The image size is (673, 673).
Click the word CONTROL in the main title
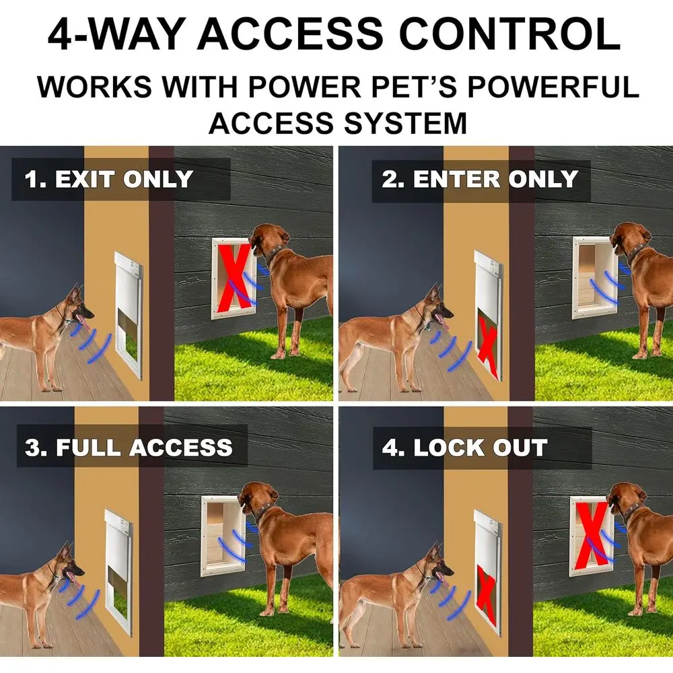[x=510, y=34]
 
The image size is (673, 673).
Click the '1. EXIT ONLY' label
[x=108, y=179]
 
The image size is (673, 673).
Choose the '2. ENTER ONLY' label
[x=479, y=179]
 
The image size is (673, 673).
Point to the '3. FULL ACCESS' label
[x=129, y=448]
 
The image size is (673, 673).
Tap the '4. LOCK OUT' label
[x=465, y=448]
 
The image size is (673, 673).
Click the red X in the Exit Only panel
[x=235, y=278]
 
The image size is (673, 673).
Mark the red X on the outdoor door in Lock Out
[x=593, y=534]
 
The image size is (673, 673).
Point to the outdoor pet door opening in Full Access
[x=223, y=536]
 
